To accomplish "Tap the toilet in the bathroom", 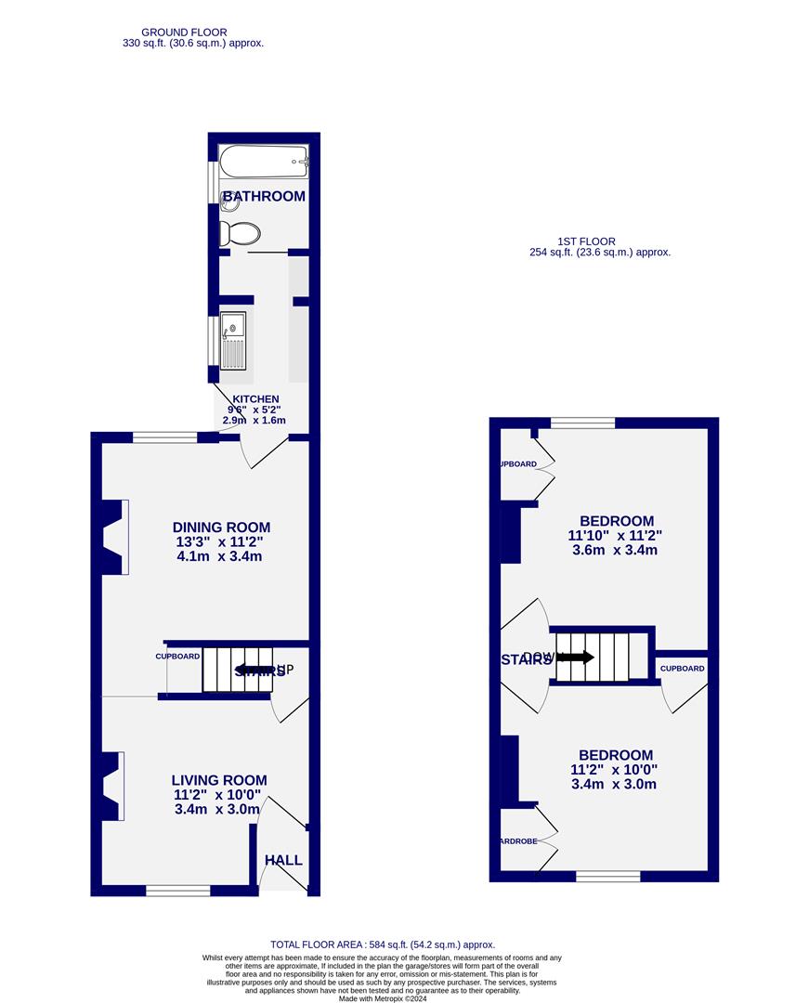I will (241, 232).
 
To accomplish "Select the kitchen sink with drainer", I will (233, 340).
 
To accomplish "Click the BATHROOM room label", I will (264, 196).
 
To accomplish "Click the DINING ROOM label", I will (221, 528).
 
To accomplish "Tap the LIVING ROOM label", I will (219, 781).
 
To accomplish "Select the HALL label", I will (283, 861).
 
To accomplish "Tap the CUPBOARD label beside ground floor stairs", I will (176, 657).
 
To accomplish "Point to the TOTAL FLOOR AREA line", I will (383, 944).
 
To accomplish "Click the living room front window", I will (177, 891).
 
